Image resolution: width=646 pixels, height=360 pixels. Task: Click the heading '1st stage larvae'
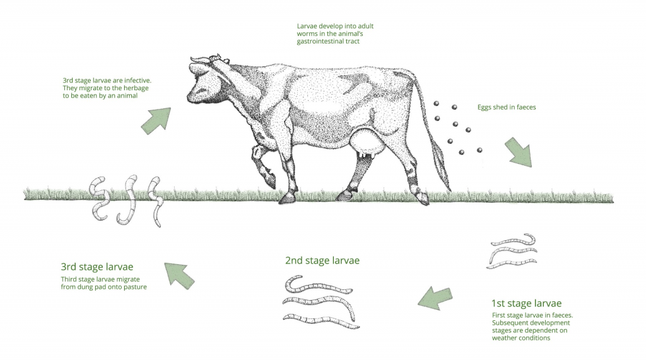pyautogui.click(x=526, y=303)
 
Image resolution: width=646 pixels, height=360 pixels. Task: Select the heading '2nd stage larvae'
pyautogui.click(x=322, y=260)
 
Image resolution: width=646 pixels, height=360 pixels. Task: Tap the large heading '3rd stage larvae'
pyautogui.click(x=97, y=267)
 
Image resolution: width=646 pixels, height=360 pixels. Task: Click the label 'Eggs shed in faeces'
pyautogui.click(x=507, y=107)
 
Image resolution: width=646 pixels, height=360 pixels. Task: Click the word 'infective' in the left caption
pyautogui.click(x=137, y=80)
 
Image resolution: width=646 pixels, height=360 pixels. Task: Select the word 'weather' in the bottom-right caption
pyautogui.click(x=503, y=338)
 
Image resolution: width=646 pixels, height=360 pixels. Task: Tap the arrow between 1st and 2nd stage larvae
pyautogui.click(x=435, y=298)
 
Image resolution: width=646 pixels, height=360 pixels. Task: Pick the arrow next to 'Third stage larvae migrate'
pyautogui.click(x=179, y=275)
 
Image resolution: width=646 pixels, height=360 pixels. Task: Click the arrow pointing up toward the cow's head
pyautogui.click(x=156, y=120)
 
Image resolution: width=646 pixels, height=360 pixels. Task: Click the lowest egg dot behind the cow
pyautogui.click(x=461, y=153)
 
